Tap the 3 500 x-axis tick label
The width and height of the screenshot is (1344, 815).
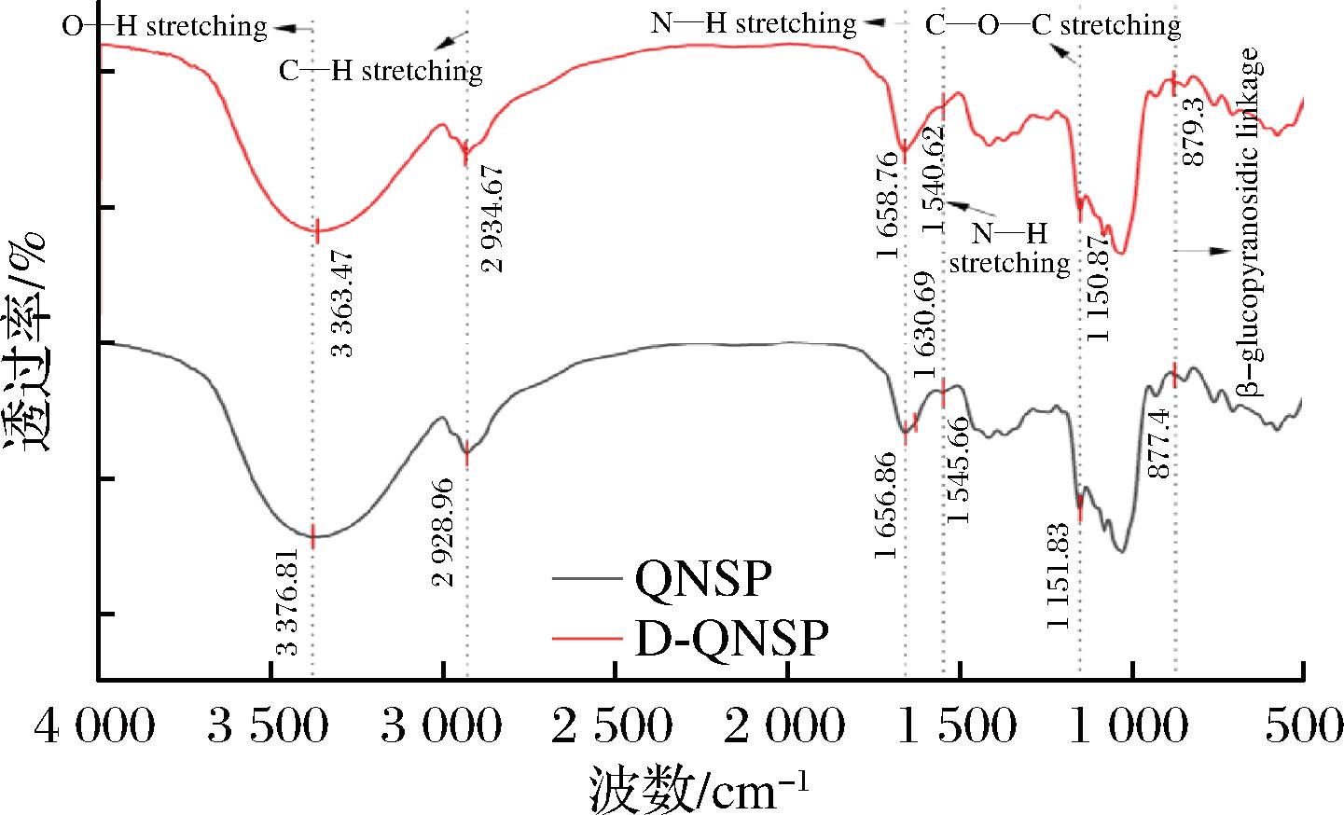click(x=269, y=725)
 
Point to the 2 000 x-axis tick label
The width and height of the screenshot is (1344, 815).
click(x=784, y=725)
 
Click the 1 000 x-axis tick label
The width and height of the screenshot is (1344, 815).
click(x=1128, y=725)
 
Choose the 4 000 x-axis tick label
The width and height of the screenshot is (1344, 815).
click(x=95, y=725)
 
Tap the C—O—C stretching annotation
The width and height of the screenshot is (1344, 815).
click(x=1053, y=25)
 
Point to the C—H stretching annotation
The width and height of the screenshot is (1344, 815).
click(x=381, y=72)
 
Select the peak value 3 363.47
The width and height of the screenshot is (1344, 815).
click(x=342, y=304)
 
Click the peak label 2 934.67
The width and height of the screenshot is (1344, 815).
click(x=492, y=219)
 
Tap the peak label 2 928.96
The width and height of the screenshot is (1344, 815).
click(x=443, y=532)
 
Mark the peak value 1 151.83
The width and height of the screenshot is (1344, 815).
click(x=1058, y=576)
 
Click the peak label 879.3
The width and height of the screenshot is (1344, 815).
click(x=1193, y=131)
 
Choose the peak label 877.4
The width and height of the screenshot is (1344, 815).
click(x=1158, y=443)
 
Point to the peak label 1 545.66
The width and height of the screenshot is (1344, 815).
click(x=958, y=470)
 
